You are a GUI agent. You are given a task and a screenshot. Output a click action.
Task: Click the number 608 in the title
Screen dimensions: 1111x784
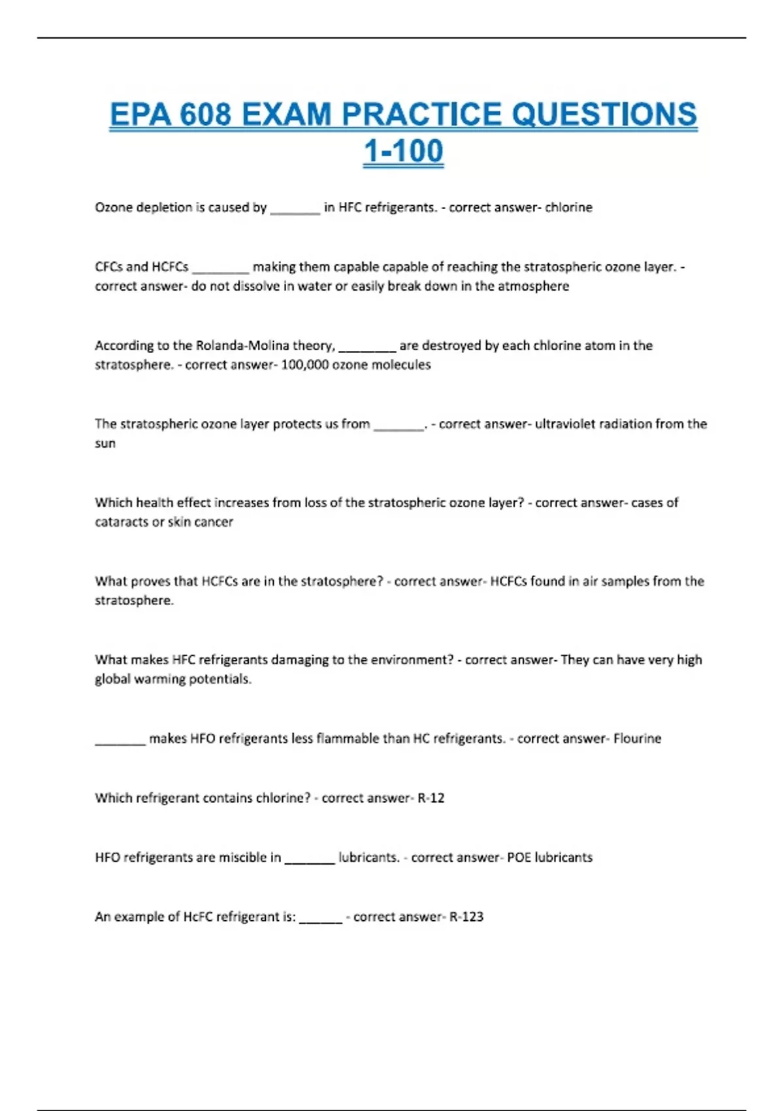(206, 114)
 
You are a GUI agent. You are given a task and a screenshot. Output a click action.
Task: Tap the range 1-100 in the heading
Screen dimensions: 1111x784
(403, 151)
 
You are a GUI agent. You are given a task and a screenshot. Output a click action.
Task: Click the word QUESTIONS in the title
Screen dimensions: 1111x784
(604, 114)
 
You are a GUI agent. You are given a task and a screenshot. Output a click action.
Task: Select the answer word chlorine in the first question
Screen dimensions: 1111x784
(568, 207)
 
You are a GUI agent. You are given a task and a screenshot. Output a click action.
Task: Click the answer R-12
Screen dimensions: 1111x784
(431, 798)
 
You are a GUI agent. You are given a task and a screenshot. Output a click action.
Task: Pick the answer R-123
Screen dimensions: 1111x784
(466, 917)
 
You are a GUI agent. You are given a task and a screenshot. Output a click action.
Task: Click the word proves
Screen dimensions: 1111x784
(150, 581)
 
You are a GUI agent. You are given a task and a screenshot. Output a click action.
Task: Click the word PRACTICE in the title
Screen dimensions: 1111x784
(421, 114)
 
